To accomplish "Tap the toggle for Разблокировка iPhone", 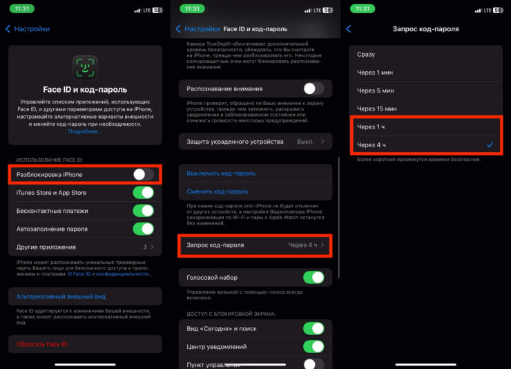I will click(143, 174).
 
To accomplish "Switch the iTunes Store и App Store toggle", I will click(143, 193).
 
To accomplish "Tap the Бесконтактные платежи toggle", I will click(143, 211).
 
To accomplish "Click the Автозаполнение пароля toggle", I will click(143, 229).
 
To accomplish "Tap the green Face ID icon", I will click(85, 68).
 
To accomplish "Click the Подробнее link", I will click(85, 131).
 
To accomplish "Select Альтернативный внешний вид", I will click(61, 296).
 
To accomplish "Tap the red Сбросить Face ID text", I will click(42, 344).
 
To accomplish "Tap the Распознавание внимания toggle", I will click(314, 88).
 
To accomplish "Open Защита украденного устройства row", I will click(256, 142).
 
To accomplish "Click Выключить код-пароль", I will click(221, 173).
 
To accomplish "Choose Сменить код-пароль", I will click(218, 191).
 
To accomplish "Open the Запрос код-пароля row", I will click(256, 245).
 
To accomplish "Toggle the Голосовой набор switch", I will click(314, 277).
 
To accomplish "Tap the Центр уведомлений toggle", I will click(314, 346).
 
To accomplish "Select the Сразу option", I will click(367, 54).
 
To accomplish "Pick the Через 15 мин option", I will click(377, 108).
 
